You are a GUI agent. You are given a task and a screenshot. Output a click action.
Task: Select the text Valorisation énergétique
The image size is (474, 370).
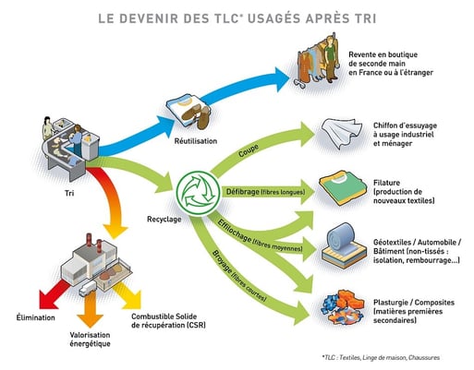point(89,339)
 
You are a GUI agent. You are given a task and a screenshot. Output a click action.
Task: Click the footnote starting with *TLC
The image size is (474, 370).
point(386,355)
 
